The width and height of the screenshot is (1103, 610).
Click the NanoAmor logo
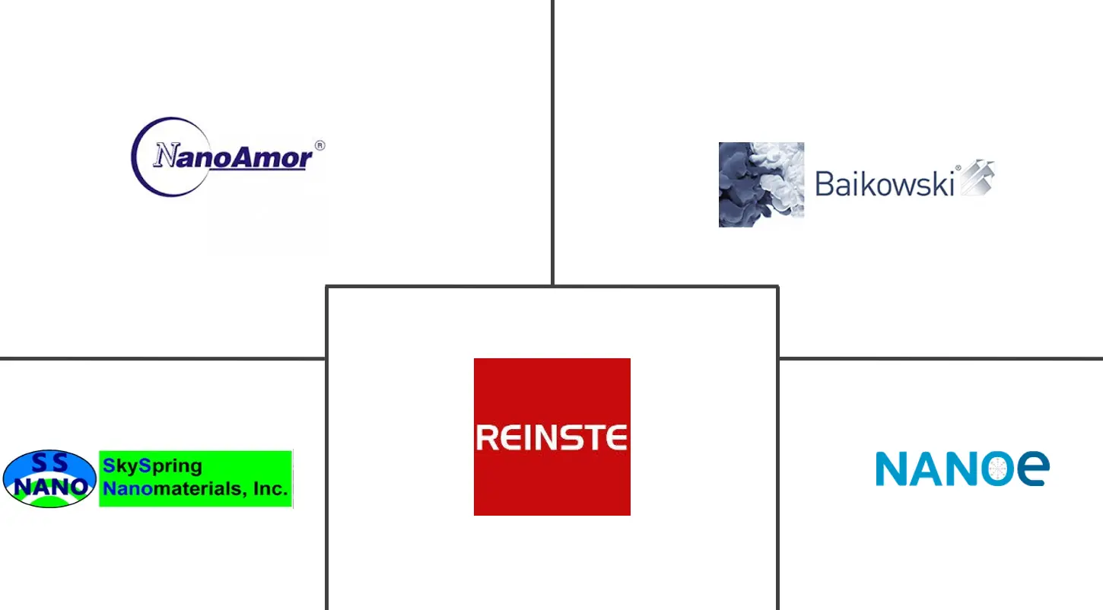pyautogui.click(x=227, y=157)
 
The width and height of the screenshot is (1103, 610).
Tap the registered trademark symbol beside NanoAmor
pyautogui.click(x=319, y=145)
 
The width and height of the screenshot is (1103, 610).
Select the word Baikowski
pyautogui.click(x=884, y=183)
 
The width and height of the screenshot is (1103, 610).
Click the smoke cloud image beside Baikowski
pyautogui.click(x=761, y=184)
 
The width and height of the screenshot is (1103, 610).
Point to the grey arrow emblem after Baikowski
pyautogui.click(x=977, y=179)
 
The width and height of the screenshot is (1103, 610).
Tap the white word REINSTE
pyautogui.click(x=551, y=437)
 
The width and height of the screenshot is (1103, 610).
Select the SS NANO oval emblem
pyautogui.click(x=49, y=478)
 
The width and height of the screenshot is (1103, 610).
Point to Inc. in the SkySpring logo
pyautogui.click(x=270, y=488)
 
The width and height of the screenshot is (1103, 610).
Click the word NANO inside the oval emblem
pyautogui.click(x=49, y=487)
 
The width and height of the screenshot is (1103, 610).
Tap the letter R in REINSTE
pyautogui.click(x=487, y=437)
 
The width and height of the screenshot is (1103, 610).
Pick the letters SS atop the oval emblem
pyautogui.click(x=49, y=462)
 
